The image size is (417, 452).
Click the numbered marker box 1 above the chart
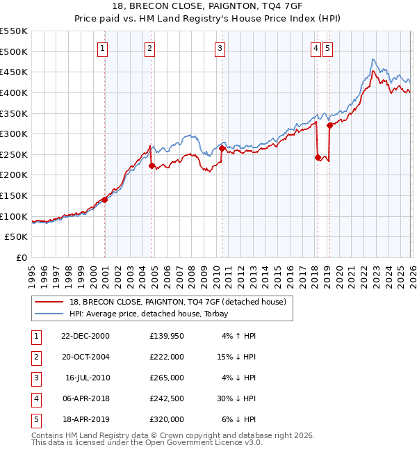(x=103, y=48)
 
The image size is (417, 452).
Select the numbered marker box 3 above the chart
(x=220, y=48)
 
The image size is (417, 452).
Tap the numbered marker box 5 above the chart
(x=327, y=48)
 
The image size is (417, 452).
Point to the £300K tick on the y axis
(x=14, y=134)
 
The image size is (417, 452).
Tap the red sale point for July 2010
(x=222, y=148)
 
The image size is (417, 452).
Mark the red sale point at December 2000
(x=105, y=200)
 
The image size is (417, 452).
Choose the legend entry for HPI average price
(x=153, y=314)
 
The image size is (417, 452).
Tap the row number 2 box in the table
(x=35, y=357)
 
